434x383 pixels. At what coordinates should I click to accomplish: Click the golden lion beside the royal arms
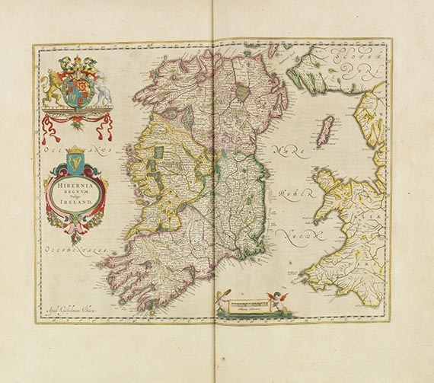click(54, 85)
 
